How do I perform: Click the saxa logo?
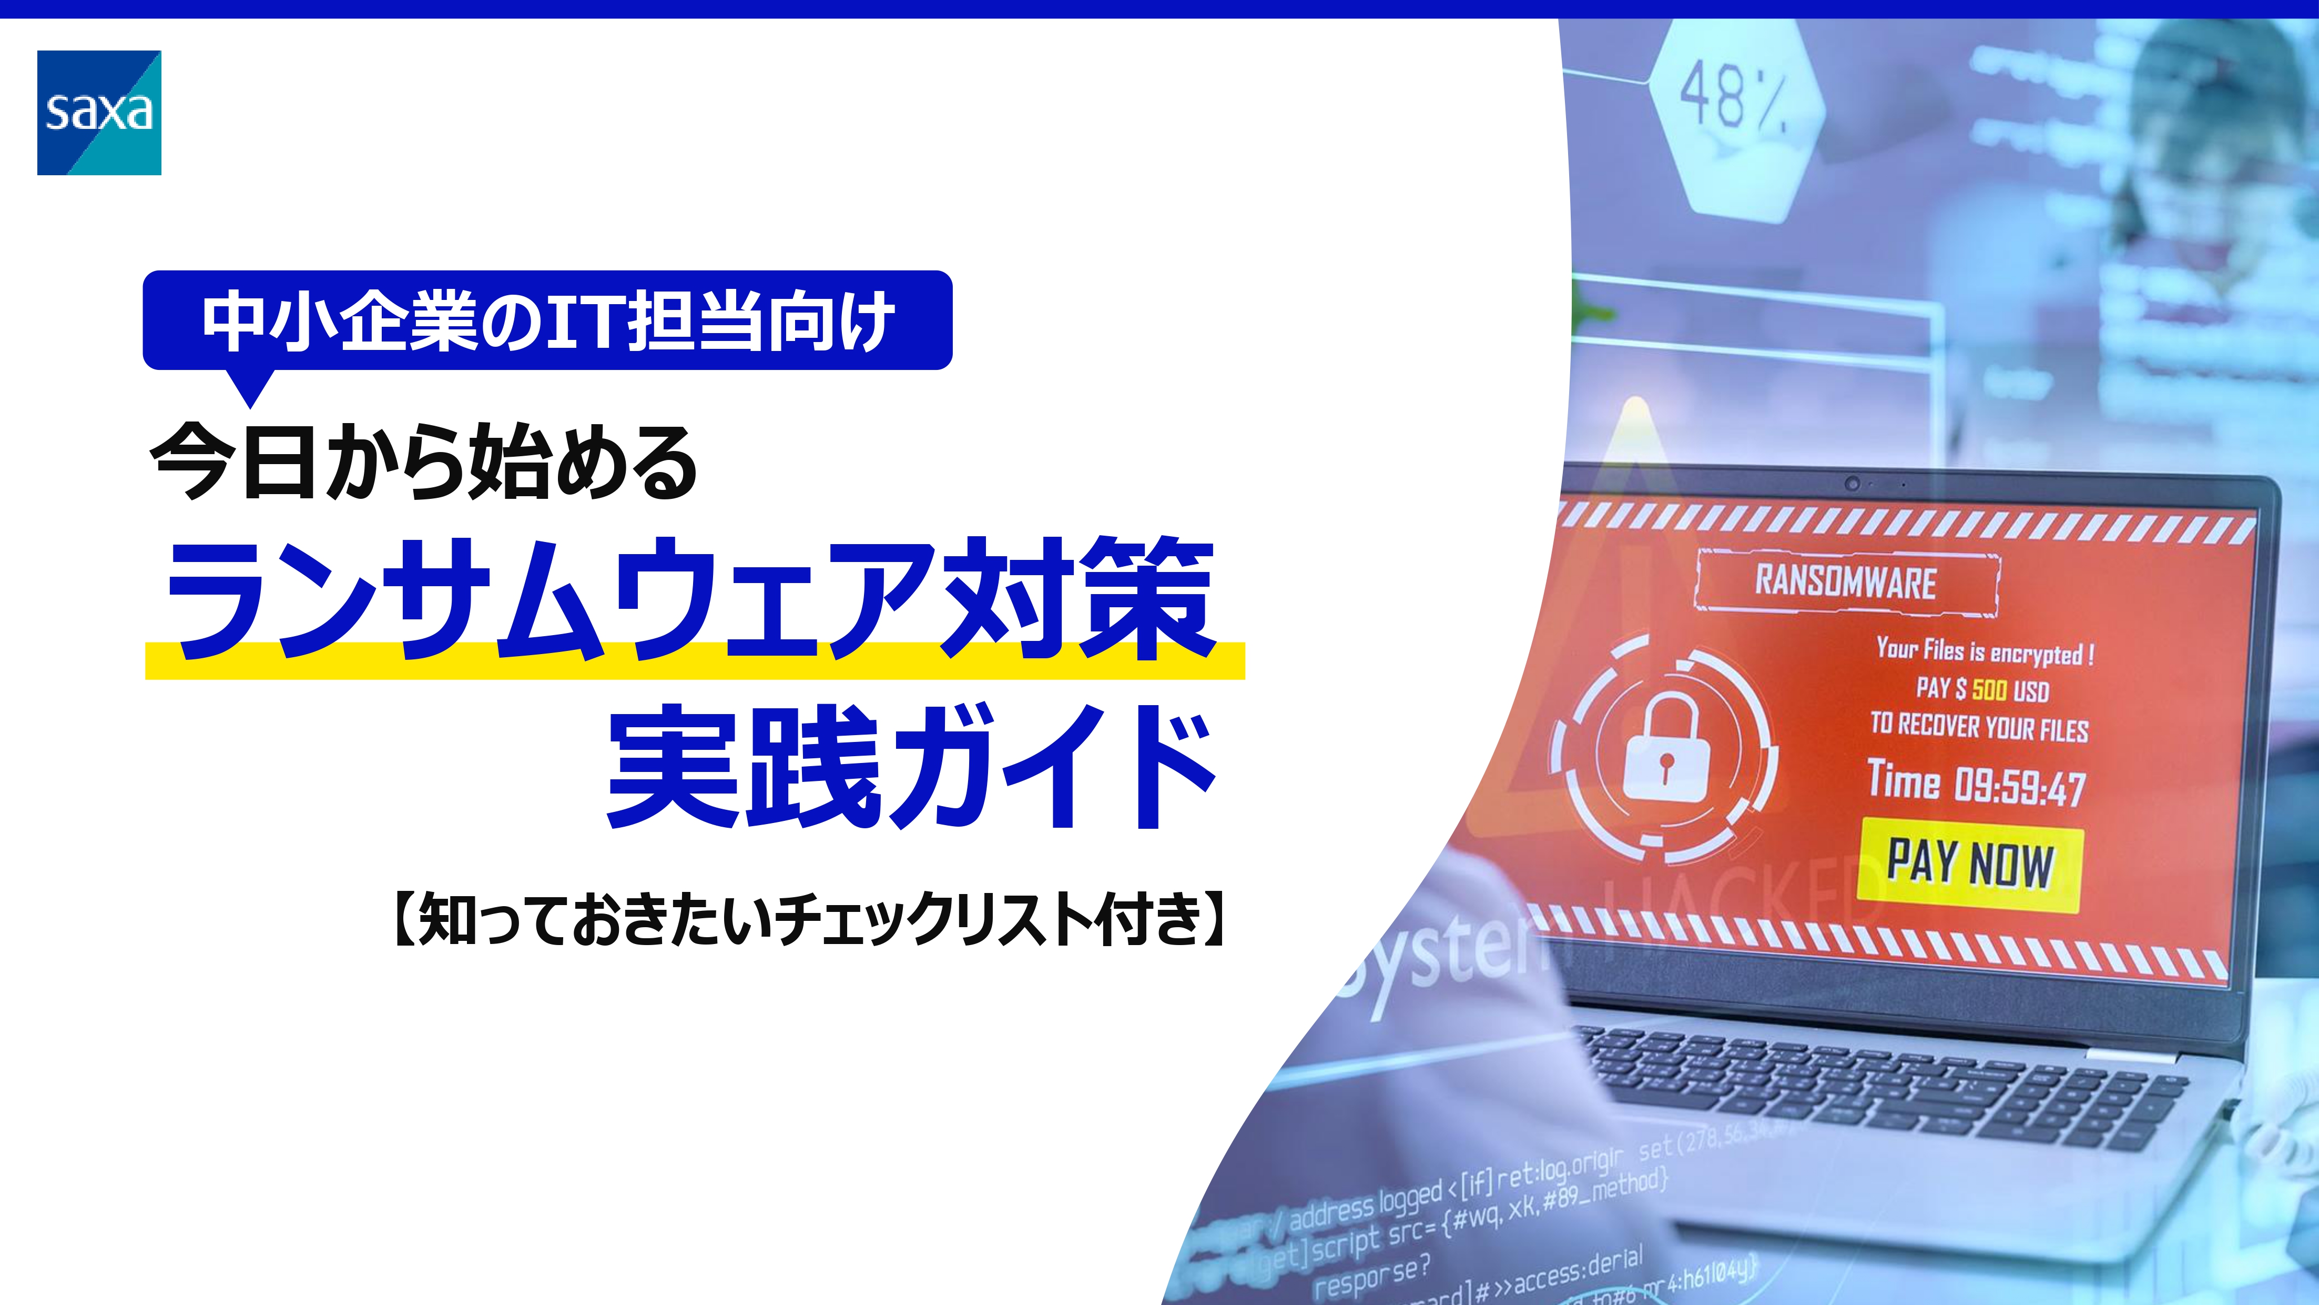99,113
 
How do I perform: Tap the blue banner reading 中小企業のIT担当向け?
547,320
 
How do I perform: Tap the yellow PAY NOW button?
1970,864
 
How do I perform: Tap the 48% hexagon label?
1733,95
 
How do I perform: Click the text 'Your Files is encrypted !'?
1985,651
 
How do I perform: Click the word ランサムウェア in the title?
549,599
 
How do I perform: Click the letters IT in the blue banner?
586,320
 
